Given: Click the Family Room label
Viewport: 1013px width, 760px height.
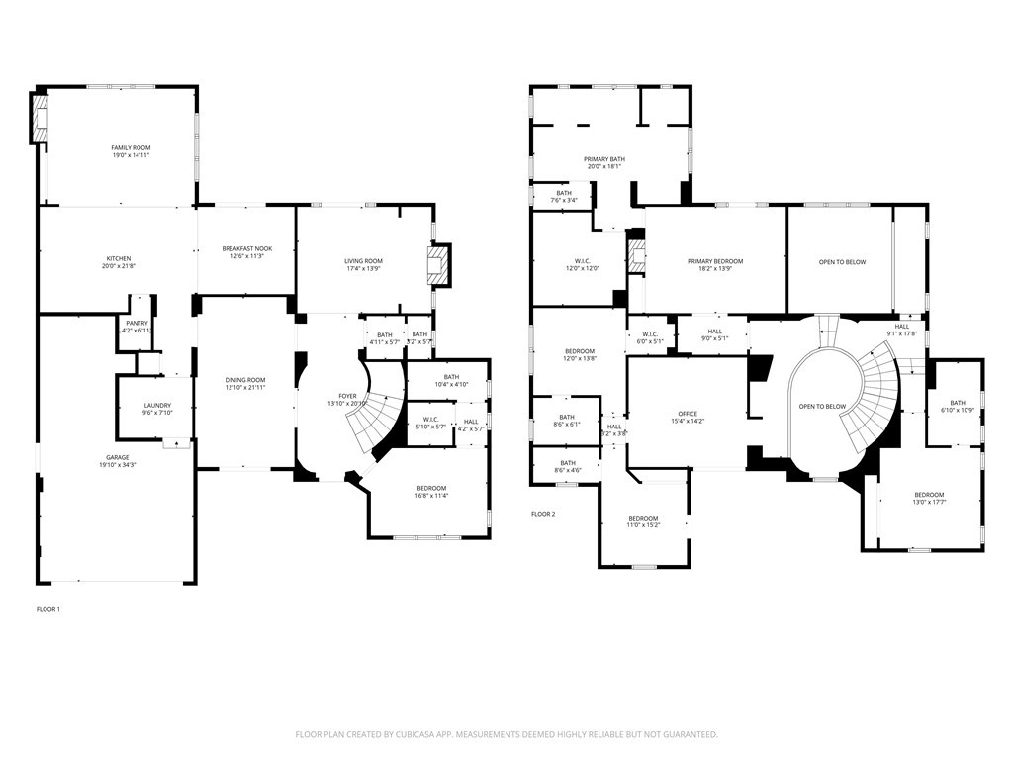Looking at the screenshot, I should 131,147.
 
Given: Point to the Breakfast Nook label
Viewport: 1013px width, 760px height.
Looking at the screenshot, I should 246,248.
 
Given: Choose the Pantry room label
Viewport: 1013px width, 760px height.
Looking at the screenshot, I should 136,323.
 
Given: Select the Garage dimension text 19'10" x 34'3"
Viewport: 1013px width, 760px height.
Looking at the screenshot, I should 117,464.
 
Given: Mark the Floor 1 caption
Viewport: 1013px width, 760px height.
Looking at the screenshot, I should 48,609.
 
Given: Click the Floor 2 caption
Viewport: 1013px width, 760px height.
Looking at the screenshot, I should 543,514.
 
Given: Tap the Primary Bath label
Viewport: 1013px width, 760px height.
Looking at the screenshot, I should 603,159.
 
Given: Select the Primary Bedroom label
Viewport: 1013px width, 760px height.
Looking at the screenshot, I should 715,261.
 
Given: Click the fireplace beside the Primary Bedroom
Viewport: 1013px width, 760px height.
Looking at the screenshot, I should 636,255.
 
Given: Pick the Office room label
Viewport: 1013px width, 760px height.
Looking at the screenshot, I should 688,414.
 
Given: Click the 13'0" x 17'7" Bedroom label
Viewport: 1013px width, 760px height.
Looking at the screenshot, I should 929,495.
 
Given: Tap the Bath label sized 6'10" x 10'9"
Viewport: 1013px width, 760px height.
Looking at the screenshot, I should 958,402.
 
